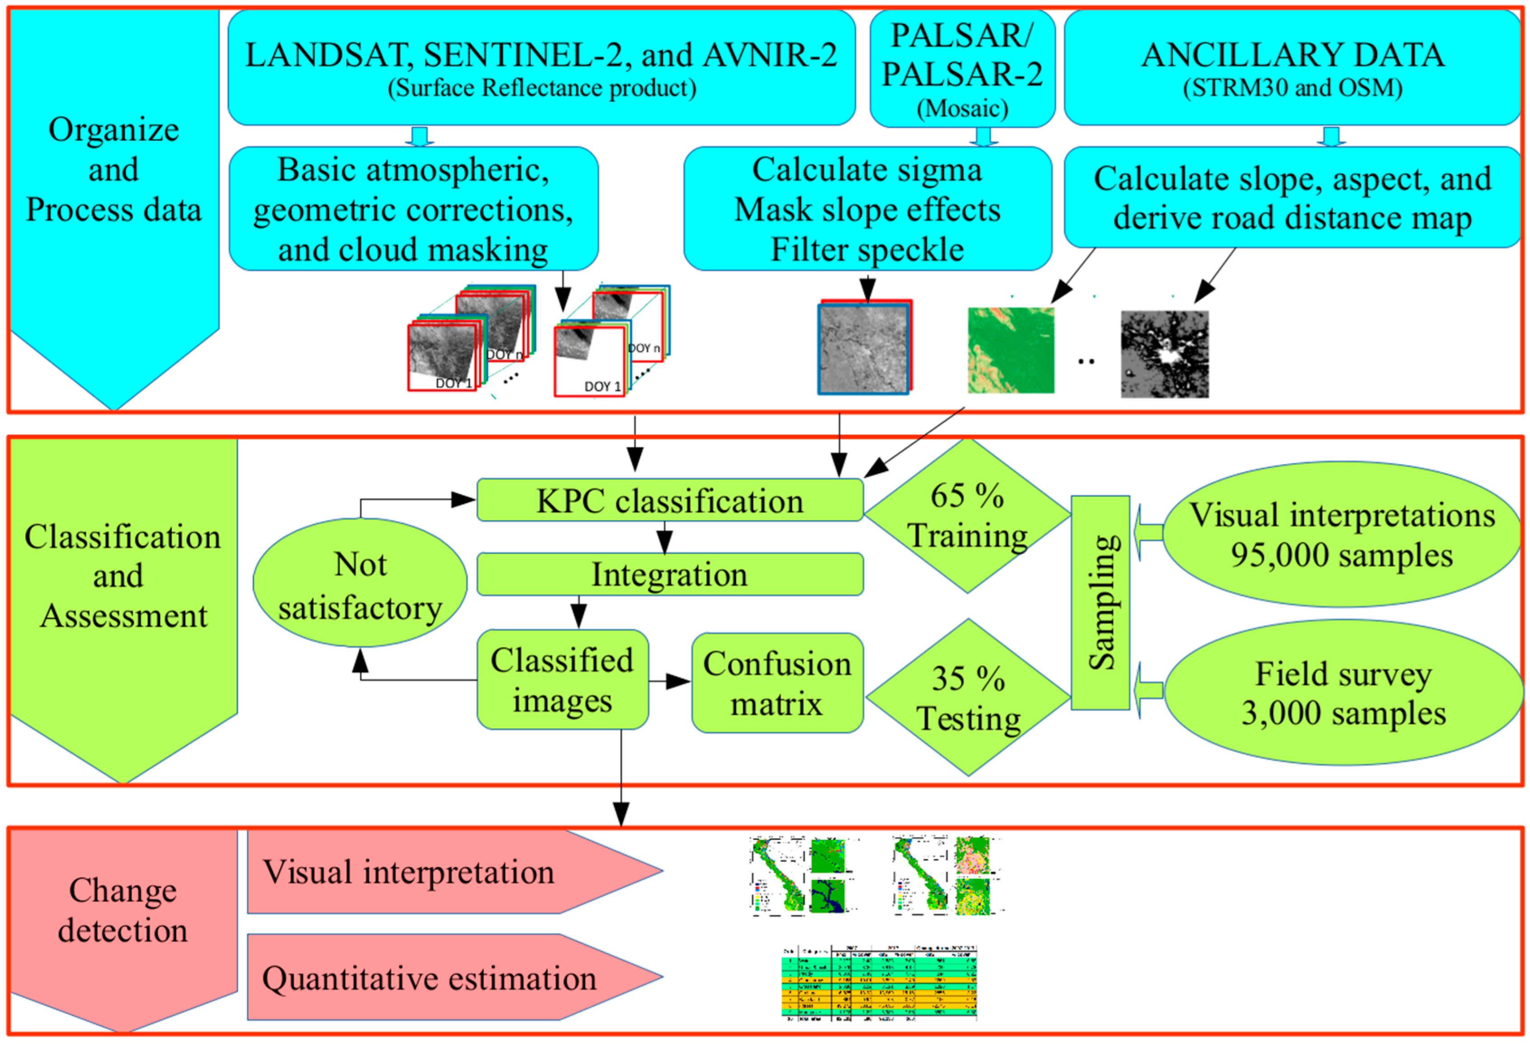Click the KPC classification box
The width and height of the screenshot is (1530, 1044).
(669, 501)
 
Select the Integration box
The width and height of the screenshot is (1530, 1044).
(669, 574)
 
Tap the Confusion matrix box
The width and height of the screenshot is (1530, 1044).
(777, 683)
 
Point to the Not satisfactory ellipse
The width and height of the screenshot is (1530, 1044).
(360, 584)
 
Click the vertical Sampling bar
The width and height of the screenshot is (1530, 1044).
(1100, 603)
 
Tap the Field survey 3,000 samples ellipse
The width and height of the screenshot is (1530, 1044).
(1343, 693)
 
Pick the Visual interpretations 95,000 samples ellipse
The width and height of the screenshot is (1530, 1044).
(1342, 534)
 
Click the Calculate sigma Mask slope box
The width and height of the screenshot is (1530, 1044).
(867, 209)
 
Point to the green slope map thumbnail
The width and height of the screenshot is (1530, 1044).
(1011, 351)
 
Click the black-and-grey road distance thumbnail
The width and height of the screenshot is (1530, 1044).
(1165, 354)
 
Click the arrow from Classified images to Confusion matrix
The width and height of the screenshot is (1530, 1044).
(669, 681)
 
